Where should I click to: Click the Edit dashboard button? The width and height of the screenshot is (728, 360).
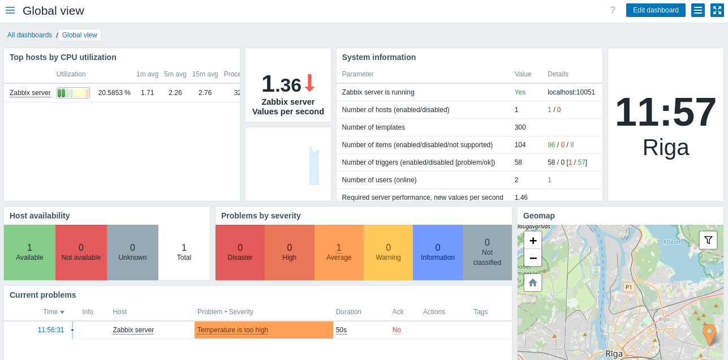pyautogui.click(x=656, y=10)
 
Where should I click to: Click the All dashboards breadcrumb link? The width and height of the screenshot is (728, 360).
pyautogui.click(x=29, y=35)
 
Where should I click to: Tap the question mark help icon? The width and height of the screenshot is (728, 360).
pyautogui.click(x=613, y=10)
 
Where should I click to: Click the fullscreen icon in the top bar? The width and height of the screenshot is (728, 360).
pyautogui.click(x=717, y=10)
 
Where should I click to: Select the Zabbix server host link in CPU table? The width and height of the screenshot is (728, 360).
pyautogui.click(x=30, y=93)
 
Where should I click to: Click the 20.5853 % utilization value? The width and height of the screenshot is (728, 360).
pyautogui.click(x=114, y=93)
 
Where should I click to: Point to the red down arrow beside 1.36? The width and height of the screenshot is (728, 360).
pyautogui.click(x=309, y=83)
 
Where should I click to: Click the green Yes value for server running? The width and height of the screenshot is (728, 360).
pyautogui.click(x=520, y=92)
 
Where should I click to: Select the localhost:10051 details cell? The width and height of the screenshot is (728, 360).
pyautogui.click(x=571, y=92)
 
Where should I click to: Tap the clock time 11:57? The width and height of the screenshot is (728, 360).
pyautogui.click(x=665, y=112)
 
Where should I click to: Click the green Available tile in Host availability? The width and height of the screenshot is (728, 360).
pyautogui.click(x=29, y=252)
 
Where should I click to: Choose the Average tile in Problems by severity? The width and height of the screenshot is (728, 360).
pyautogui.click(x=339, y=252)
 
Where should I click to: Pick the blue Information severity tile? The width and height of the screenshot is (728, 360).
pyautogui.click(x=437, y=252)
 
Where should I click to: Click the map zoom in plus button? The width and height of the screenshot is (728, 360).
pyautogui.click(x=533, y=240)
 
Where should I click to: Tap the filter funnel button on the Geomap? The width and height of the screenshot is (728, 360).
pyautogui.click(x=708, y=240)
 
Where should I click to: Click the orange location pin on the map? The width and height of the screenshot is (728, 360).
pyautogui.click(x=709, y=333)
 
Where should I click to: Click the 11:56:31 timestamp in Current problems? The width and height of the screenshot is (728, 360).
pyautogui.click(x=51, y=330)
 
